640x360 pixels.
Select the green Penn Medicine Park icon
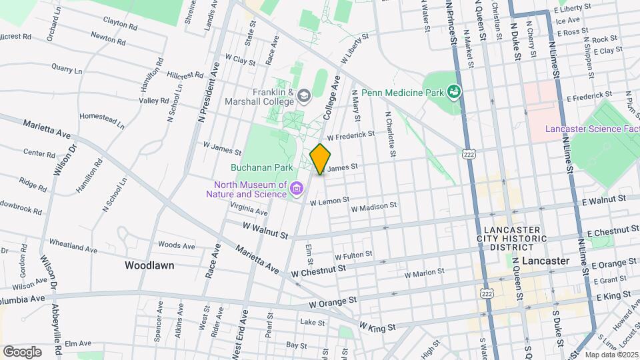pos(454,91)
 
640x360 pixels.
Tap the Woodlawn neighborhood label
pos(149,265)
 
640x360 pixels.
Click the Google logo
pos(22,351)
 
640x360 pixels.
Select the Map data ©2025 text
pos(611,355)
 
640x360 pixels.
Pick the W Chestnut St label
pos(318,271)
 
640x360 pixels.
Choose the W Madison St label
pos(373,207)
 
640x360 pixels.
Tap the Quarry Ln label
pos(67,69)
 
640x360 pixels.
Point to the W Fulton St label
pos(353,255)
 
